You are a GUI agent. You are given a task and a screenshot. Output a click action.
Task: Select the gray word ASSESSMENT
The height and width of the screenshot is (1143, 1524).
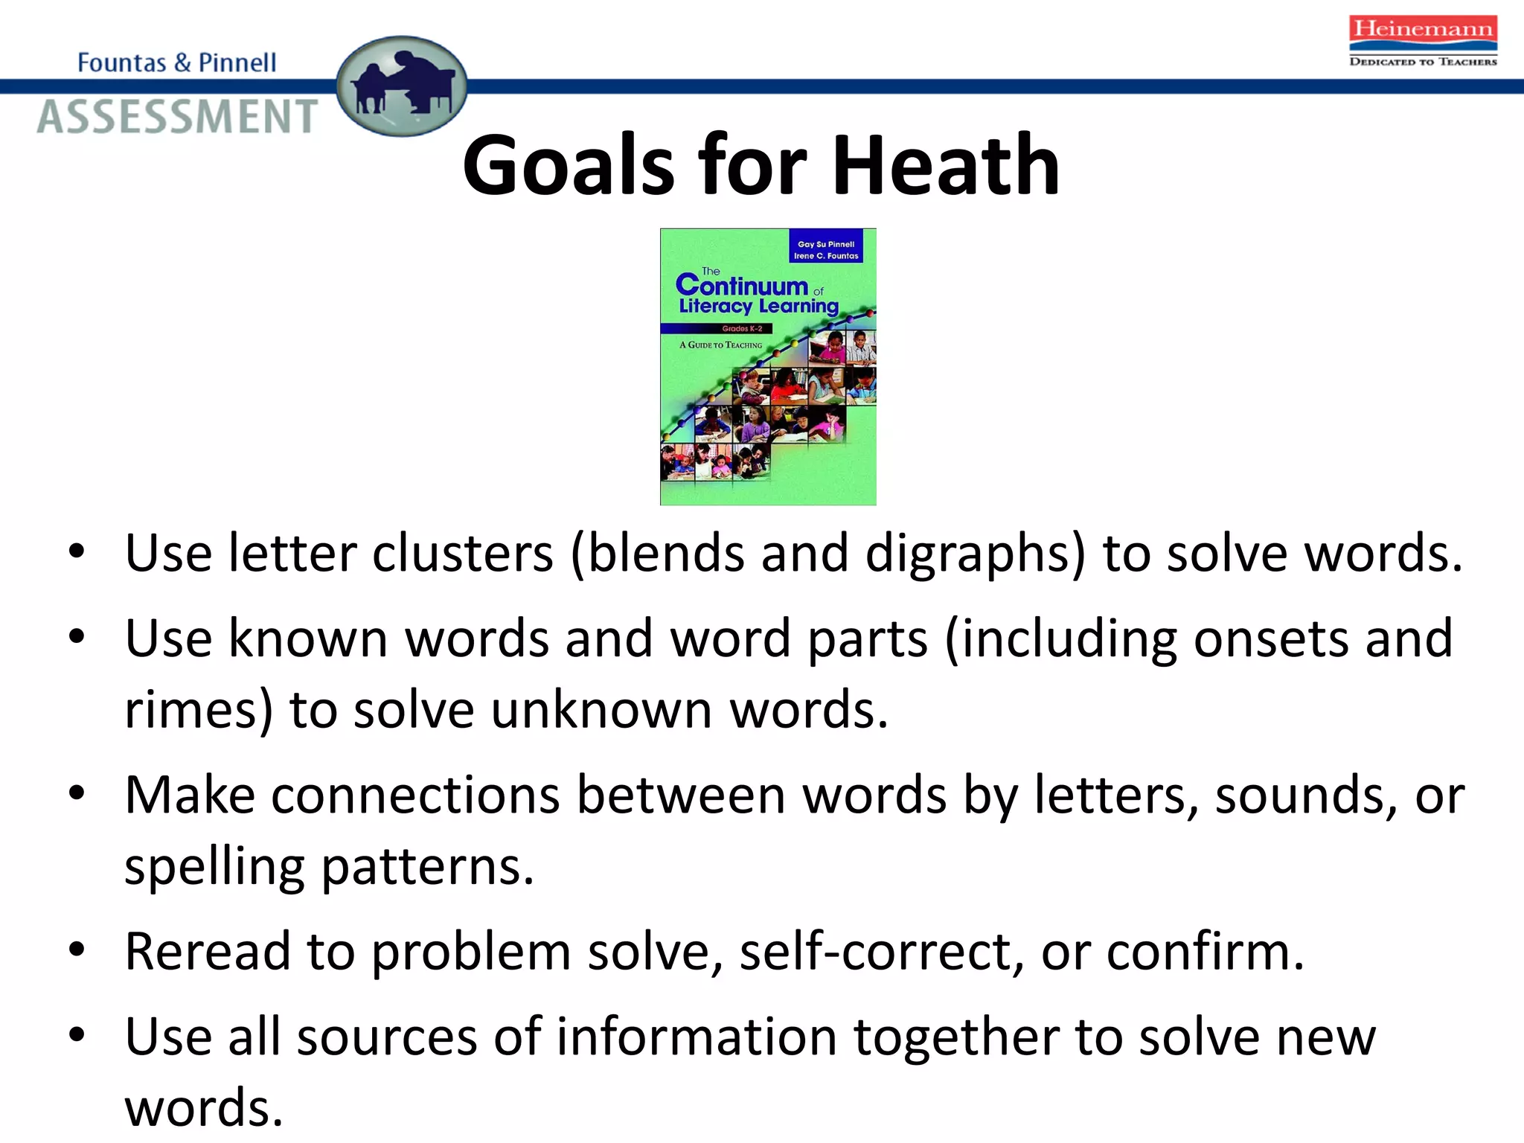click(x=177, y=118)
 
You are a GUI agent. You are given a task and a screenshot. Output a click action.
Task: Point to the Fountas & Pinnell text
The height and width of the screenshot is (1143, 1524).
click(x=177, y=63)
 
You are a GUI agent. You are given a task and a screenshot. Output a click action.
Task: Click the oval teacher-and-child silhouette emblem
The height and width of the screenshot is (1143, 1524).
click(x=402, y=86)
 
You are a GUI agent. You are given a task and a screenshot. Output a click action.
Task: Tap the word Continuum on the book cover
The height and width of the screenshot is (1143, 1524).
click(x=742, y=285)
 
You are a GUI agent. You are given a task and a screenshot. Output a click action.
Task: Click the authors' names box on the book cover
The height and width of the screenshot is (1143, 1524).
click(x=826, y=249)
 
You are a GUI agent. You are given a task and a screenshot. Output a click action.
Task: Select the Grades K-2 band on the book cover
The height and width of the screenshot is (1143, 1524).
click(x=742, y=328)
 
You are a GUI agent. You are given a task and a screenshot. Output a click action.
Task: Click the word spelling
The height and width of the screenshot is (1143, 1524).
click(x=214, y=868)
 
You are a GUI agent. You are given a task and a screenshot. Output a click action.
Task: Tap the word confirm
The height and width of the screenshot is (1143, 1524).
click(x=1206, y=952)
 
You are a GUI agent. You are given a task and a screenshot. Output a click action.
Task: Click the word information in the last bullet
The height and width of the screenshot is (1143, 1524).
click(x=697, y=1037)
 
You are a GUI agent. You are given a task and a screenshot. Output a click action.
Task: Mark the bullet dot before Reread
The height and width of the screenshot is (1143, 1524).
click(x=77, y=950)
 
